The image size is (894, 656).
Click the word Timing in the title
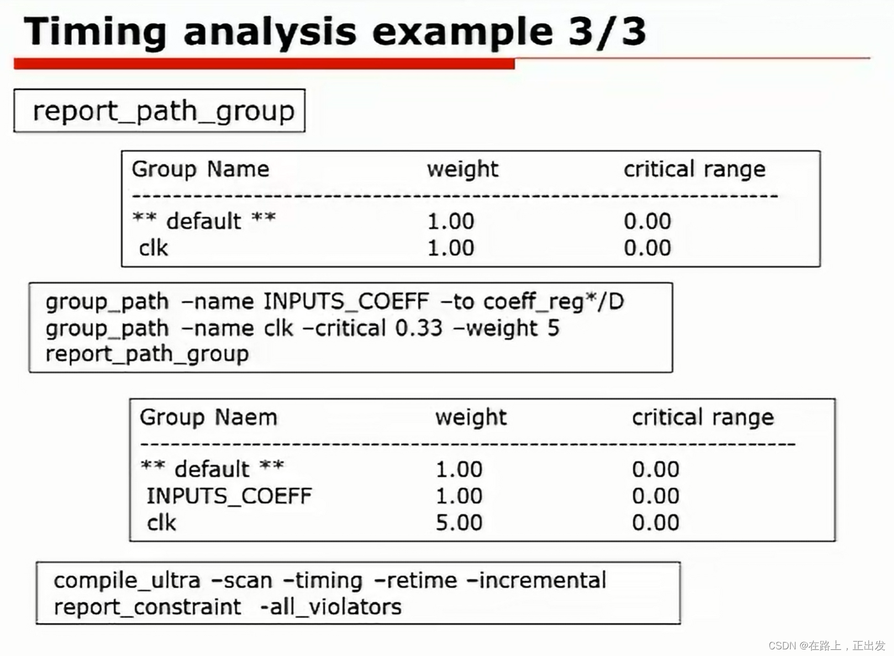click(95, 33)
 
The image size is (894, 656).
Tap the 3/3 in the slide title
click(607, 32)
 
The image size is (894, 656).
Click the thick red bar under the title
click(264, 64)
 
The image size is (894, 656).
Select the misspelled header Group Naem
click(208, 417)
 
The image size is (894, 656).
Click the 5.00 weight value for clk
click(459, 522)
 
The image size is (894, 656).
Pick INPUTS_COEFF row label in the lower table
click(229, 496)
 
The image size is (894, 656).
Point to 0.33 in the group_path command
click(419, 328)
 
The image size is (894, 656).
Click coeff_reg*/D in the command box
click(554, 301)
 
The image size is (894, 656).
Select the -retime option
click(416, 581)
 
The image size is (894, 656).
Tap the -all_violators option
click(331, 607)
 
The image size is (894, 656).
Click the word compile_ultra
click(127, 581)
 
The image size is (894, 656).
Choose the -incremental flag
click(536, 581)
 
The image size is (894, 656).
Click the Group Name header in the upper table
click(201, 169)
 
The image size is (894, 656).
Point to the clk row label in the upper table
click(153, 248)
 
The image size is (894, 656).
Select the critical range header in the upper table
click(695, 170)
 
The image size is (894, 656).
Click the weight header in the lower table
click(471, 417)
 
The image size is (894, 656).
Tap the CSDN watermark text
click(827, 646)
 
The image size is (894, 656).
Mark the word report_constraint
click(148, 607)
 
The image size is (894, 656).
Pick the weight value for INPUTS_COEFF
click(459, 496)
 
